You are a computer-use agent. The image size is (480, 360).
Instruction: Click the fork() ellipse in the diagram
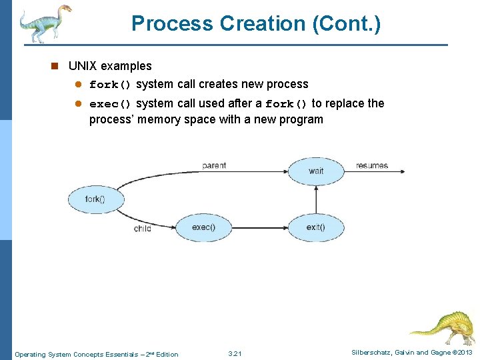[96, 199]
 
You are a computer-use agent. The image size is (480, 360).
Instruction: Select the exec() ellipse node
[203, 227]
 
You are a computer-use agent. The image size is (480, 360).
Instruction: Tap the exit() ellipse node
[316, 227]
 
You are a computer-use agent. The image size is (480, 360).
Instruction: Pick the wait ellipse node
[316, 171]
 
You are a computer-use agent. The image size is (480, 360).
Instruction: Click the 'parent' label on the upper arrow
[213, 165]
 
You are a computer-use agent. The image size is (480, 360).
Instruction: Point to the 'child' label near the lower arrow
[143, 229]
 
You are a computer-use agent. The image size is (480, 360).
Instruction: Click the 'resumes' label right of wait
[372, 165]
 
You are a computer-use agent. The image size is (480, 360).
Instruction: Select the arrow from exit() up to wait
[316, 199]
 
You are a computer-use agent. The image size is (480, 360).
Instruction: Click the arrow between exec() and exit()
[260, 227]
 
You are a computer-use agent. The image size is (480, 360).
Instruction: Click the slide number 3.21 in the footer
[235, 353]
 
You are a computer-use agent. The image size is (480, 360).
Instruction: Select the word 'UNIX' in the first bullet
[83, 66]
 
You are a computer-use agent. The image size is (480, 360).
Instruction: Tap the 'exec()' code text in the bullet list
[111, 104]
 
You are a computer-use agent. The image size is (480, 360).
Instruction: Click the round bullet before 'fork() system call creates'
[78, 85]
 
